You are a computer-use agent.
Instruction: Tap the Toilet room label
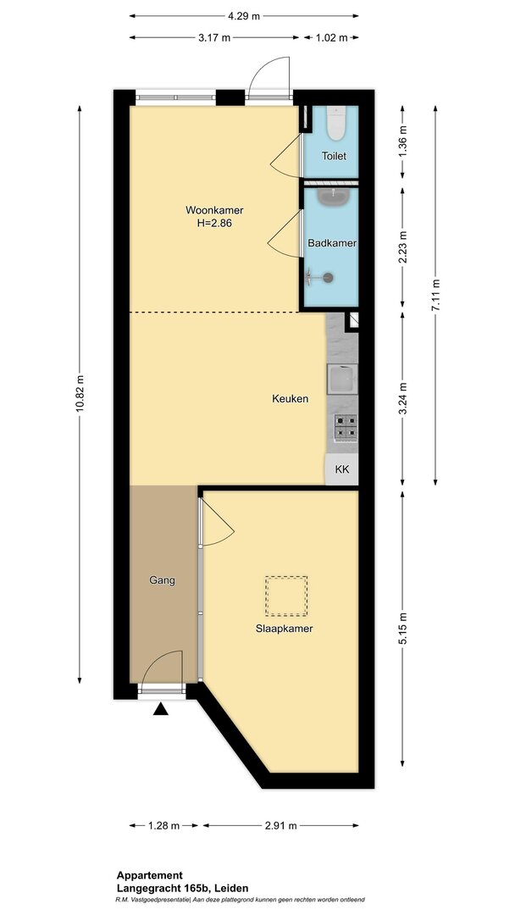(335, 157)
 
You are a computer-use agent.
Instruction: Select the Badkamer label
(332, 243)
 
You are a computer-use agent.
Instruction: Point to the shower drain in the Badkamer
(329, 278)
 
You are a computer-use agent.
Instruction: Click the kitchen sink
(342, 380)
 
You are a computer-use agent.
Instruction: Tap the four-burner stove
(346, 426)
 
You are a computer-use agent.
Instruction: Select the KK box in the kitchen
(341, 469)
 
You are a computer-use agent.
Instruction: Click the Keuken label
(290, 399)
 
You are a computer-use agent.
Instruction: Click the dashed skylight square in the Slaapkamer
(285, 596)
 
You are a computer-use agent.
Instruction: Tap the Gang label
(162, 580)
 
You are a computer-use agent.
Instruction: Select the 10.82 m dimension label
(80, 396)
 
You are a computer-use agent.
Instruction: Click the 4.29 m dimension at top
(244, 16)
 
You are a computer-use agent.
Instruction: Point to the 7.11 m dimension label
(436, 295)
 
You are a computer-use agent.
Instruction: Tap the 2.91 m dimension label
(281, 825)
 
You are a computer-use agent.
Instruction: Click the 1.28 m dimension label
(164, 825)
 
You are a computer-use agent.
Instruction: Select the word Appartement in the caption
(150, 875)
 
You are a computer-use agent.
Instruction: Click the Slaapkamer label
(284, 629)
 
